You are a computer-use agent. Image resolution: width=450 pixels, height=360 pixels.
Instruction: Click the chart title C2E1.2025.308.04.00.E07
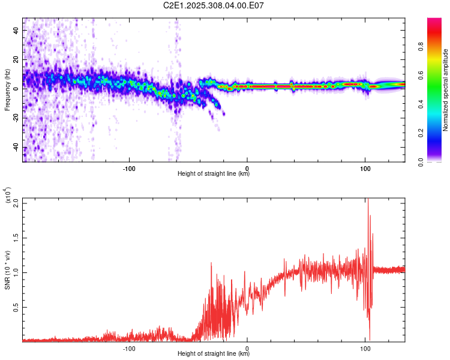214,5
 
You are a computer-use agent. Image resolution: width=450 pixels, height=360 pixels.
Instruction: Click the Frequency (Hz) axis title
7,90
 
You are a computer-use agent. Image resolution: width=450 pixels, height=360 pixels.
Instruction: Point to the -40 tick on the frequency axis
16,148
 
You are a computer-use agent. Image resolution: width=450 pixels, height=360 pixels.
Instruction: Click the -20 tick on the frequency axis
16,118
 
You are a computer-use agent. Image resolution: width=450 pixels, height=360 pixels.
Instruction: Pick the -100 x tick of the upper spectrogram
129,168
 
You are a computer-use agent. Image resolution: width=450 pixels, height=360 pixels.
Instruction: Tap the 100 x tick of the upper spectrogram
365,168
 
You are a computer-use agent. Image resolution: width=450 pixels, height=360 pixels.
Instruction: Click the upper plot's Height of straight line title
214,174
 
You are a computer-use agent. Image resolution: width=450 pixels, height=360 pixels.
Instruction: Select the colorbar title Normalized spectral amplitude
446,90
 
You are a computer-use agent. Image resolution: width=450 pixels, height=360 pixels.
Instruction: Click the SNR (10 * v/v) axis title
7,270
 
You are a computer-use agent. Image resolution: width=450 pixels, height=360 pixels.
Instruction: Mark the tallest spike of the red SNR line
368,200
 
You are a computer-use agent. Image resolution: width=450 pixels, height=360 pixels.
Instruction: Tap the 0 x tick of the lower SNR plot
247,347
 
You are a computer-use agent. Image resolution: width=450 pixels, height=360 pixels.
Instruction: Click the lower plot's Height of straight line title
214,353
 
